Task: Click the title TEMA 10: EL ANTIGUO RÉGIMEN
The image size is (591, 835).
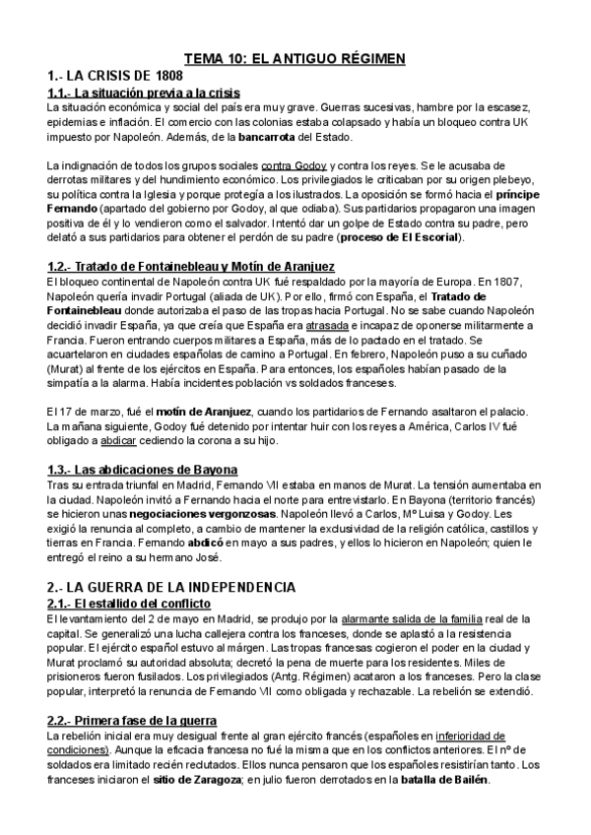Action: (x=295, y=59)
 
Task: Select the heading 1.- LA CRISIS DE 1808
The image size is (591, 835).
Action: (x=109, y=76)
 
